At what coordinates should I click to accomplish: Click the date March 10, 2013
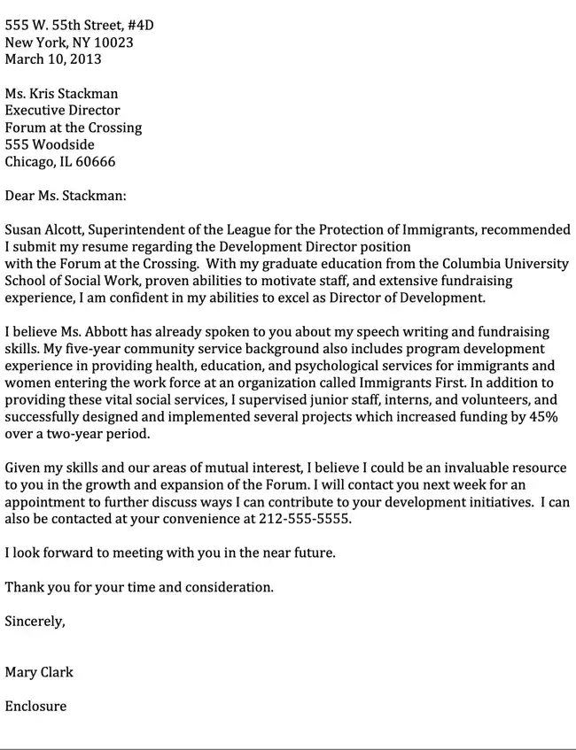pos(53,59)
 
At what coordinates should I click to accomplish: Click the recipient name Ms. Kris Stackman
pos(61,94)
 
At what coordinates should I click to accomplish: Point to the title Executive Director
pos(62,111)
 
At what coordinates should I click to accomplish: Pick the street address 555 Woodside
pos(50,144)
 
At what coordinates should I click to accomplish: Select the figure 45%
pos(543,417)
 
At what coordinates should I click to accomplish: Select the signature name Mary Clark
pos(39,672)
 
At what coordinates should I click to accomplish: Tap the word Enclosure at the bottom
pos(35,707)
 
